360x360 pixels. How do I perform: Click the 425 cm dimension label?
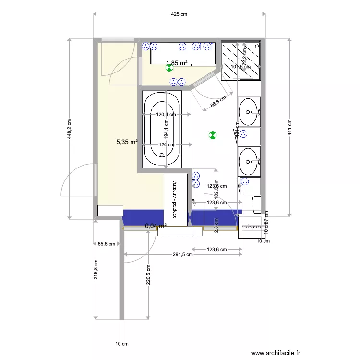click(x=179, y=14)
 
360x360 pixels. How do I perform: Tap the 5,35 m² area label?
click(x=127, y=142)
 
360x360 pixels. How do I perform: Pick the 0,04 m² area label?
click(x=156, y=225)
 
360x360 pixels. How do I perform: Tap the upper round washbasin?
click(x=249, y=112)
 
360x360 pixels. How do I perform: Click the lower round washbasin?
click(x=249, y=161)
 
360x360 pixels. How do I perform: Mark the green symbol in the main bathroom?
click(x=213, y=135)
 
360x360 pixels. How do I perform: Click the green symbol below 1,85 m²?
click(x=169, y=68)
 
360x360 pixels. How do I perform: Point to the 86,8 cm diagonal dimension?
click(x=218, y=103)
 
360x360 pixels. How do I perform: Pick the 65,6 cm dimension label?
click(x=107, y=244)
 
